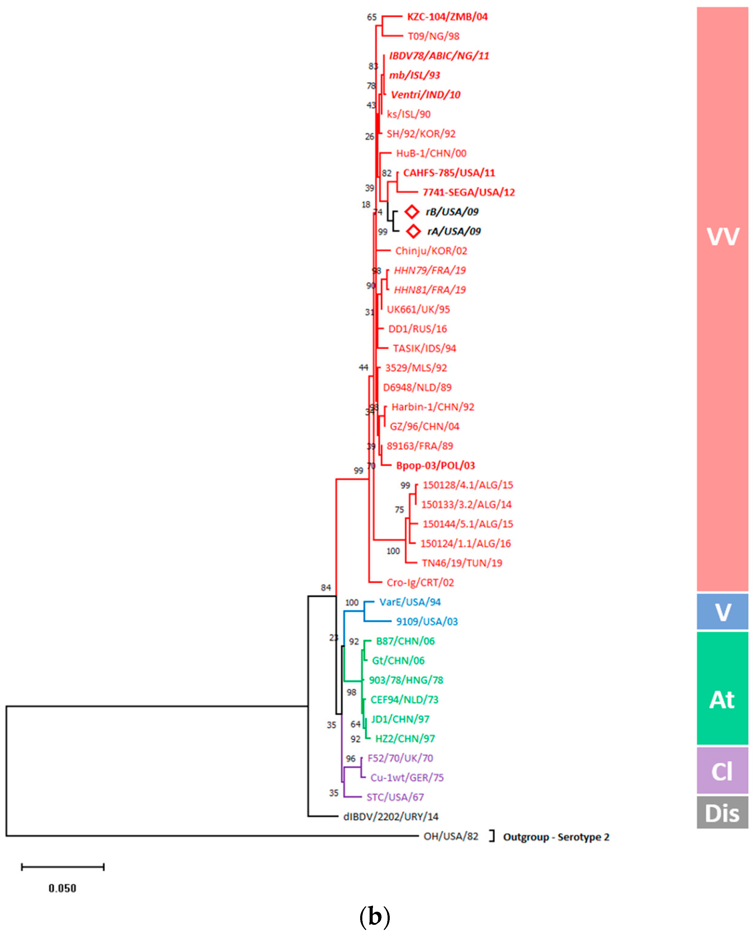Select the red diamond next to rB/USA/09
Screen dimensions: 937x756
click(x=412, y=212)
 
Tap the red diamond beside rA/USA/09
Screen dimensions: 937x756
click(x=413, y=231)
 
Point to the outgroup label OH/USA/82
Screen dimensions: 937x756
click(x=451, y=837)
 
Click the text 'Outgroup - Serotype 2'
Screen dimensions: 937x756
click(x=556, y=837)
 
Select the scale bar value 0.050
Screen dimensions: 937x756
click(x=62, y=888)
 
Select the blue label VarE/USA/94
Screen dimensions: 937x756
click(x=410, y=602)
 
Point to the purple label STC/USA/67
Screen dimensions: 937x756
click(x=395, y=797)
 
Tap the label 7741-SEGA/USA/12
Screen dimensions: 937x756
click(x=469, y=192)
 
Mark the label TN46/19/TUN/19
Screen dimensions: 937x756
click(x=462, y=563)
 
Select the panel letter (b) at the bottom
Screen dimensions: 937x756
click(x=374, y=917)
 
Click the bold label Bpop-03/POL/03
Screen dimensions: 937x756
click(x=435, y=466)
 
